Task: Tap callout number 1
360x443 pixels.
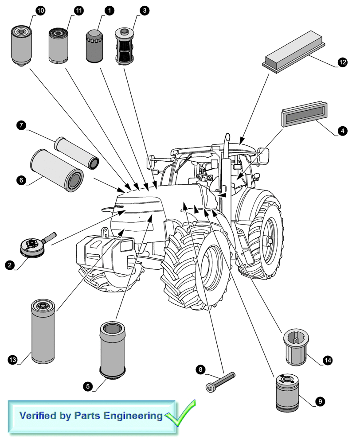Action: coord(108,10)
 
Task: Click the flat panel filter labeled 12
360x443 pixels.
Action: coord(295,55)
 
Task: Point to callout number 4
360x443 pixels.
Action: coord(341,131)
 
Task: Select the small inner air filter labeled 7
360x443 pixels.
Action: coord(76,150)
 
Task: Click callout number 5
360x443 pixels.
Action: coord(88,386)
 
